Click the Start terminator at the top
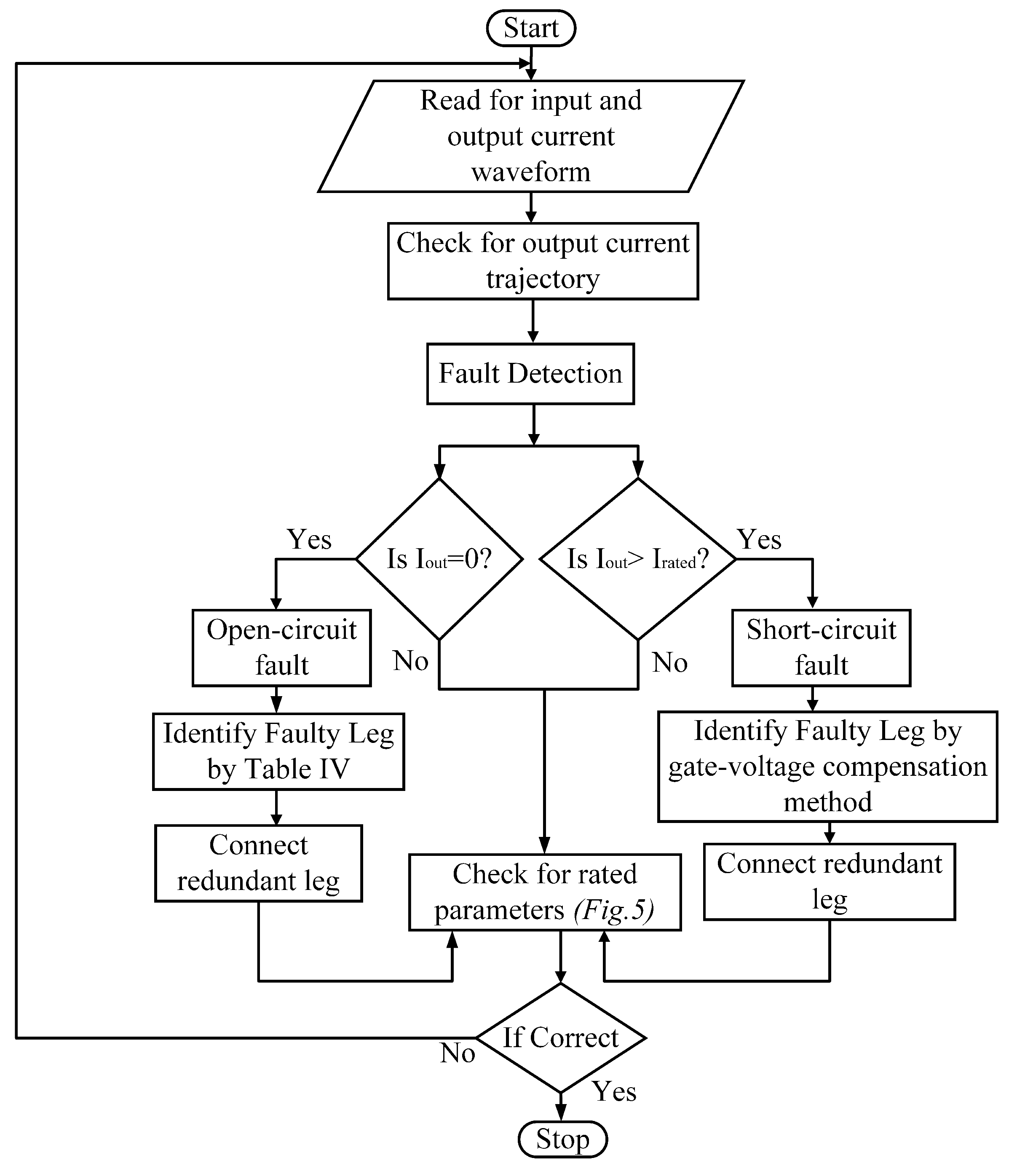[531, 29]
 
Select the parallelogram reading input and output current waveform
[531, 136]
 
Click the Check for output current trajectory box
[543, 261]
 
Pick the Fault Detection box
[530, 373]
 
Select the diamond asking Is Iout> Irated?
[637, 559]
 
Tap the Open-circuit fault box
[281, 647]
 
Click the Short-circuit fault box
[821, 647]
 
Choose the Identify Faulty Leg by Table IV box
[278, 751]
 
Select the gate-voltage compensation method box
[827, 766]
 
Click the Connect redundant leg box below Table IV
[258, 863]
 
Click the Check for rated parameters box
[544, 892]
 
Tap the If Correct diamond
[561, 1037]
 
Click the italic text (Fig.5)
[614, 910]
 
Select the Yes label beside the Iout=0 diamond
[309, 539]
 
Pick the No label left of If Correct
[457, 1053]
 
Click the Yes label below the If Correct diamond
[614, 1091]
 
